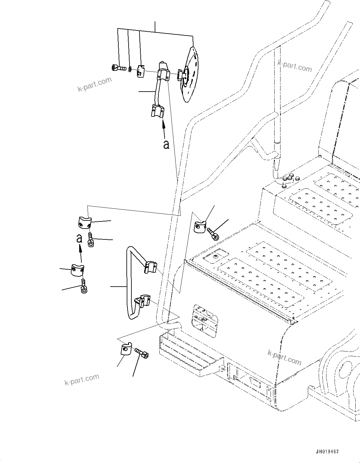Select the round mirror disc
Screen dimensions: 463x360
[190, 75]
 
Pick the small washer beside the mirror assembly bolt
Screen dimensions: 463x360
[129, 68]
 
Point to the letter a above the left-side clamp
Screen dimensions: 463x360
[80, 238]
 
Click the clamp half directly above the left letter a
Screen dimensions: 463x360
[84, 223]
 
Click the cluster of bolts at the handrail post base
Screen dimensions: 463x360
[289, 180]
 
